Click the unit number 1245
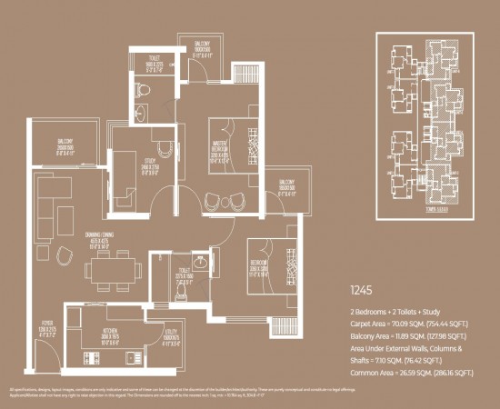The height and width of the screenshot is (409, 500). tap(362, 293)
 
